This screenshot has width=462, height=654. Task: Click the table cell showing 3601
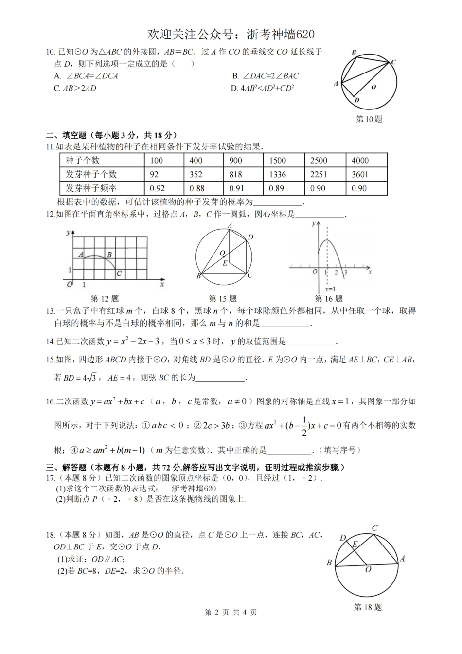(x=360, y=174)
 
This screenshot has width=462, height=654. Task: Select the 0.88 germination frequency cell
(x=197, y=188)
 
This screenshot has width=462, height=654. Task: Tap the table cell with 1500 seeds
(x=277, y=160)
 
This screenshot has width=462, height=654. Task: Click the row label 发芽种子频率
(x=91, y=188)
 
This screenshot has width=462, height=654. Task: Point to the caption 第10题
(x=369, y=119)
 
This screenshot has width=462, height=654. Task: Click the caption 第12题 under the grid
(x=105, y=299)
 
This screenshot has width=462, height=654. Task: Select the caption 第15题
(x=222, y=299)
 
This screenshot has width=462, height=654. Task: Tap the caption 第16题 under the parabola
(x=328, y=299)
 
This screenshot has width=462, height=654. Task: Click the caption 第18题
(x=368, y=607)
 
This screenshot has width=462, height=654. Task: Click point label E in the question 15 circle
(x=225, y=263)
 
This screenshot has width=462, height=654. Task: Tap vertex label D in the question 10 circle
(x=356, y=100)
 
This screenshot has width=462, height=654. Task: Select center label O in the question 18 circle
(x=368, y=569)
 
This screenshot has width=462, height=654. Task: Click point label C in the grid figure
(x=119, y=273)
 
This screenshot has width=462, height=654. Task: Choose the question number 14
(x=50, y=342)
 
